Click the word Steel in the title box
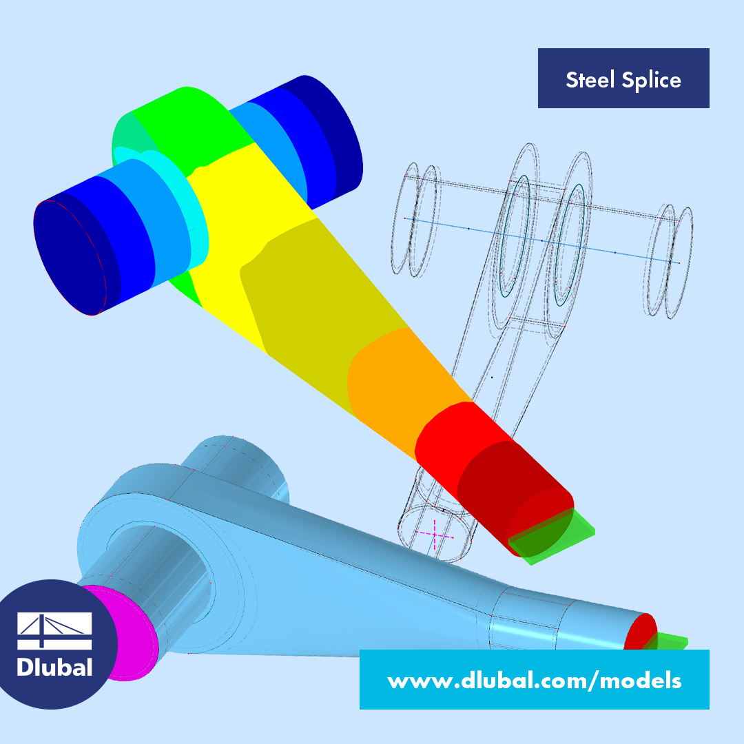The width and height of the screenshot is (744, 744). (590, 79)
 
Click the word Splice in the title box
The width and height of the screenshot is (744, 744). (652, 80)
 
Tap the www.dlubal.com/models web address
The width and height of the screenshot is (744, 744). (535, 681)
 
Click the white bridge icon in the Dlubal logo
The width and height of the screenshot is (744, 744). (54, 630)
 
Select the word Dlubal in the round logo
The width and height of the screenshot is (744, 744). (54, 667)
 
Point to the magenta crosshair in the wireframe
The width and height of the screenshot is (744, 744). (434, 535)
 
